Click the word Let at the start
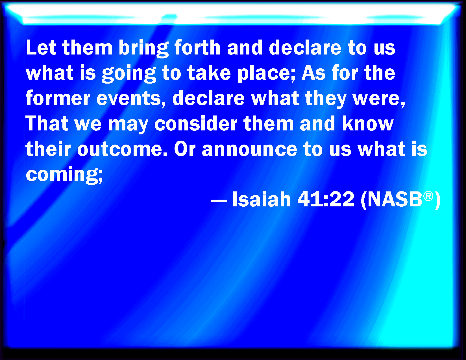[41, 47]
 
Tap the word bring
[143, 49]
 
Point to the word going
[129, 74]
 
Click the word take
[209, 73]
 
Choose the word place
[266, 74]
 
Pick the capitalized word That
[47, 123]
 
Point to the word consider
[196, 123]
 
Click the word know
[368, 123]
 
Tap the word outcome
[122, 149]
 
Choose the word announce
[249, 149]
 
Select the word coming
[64, 175]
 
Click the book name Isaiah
[262, 199]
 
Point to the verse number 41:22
[326, 199]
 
